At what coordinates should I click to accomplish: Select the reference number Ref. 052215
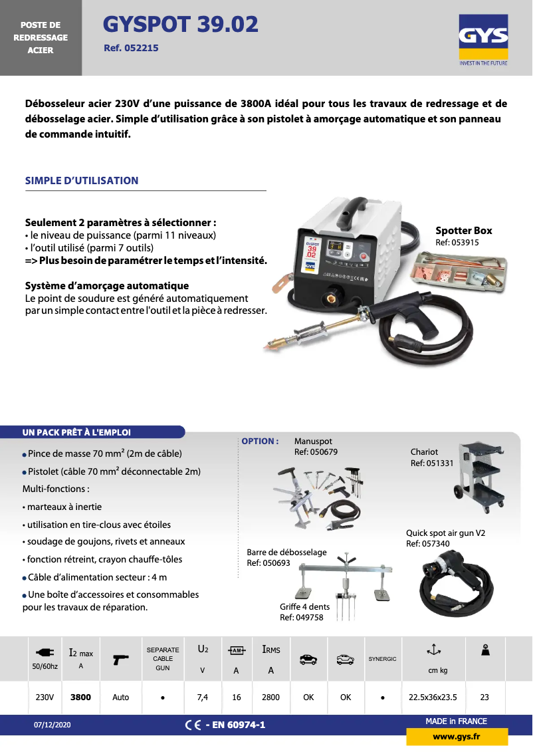click(131, 48)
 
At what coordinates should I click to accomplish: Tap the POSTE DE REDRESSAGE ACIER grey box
click(41, 37)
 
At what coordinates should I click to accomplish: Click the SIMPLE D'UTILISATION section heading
click(82, 180)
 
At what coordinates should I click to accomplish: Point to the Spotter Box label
click(464, 231)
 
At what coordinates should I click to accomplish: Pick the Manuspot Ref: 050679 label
click(316, 446)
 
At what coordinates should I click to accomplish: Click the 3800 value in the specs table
click(80, 697)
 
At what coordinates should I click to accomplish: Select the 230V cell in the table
click(45, 697)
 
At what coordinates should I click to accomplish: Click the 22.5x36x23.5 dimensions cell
click(433, 697)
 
